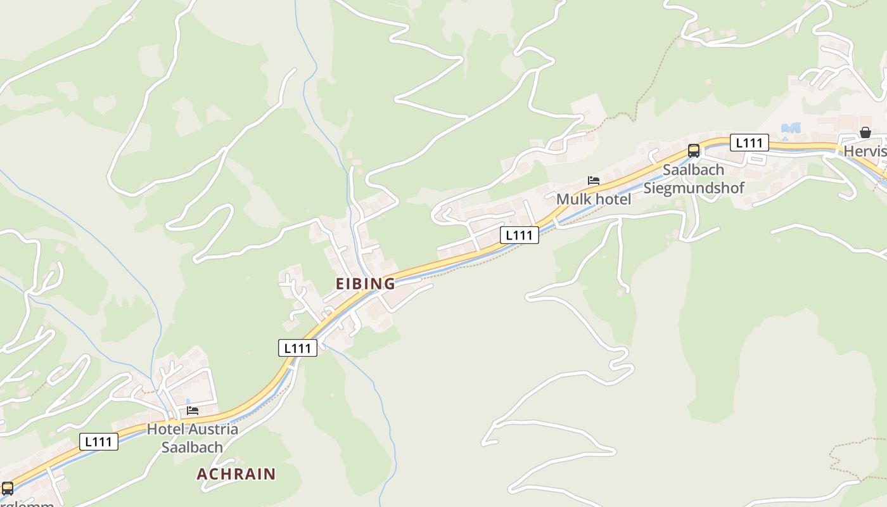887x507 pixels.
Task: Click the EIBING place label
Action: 365,284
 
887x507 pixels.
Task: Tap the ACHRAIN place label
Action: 236,474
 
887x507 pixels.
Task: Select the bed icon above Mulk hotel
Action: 594,181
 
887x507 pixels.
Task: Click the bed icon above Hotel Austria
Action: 193,411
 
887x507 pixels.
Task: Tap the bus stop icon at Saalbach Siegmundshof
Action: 694,151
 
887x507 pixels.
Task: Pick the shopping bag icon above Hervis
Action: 865,132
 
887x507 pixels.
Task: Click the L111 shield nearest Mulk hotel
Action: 520,235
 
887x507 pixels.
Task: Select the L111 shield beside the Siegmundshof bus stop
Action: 749,143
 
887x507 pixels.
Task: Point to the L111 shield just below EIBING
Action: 298,348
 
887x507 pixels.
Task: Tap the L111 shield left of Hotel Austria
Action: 99,442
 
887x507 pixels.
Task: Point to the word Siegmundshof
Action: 694,188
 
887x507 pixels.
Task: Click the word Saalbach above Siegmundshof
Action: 693,170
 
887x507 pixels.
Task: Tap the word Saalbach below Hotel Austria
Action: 192,447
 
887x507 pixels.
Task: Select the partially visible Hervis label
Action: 864,152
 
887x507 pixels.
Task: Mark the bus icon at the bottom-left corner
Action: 8,489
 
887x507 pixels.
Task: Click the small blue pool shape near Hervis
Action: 791,128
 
